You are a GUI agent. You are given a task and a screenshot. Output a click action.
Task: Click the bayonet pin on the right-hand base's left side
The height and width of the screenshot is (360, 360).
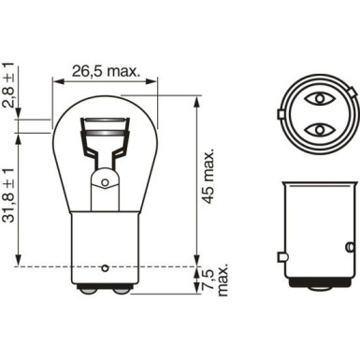tap(281, 256)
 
